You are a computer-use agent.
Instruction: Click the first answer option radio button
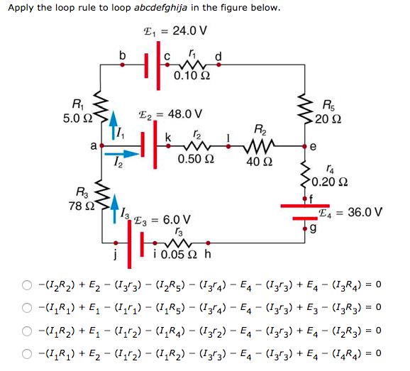click(26, 285)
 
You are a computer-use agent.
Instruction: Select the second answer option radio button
click(26, 307)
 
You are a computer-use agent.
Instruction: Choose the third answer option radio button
click(26, 329)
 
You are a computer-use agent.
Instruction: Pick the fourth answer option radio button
click(26, 351)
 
